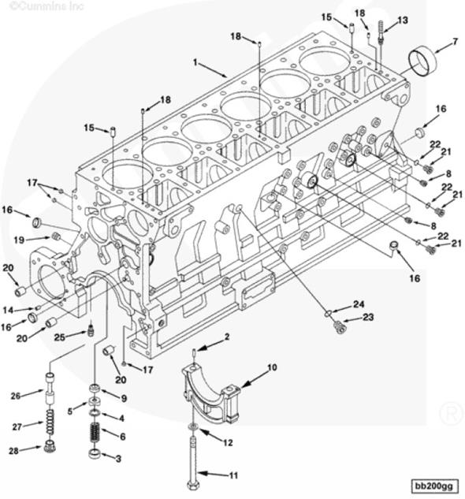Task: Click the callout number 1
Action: coord(195,62)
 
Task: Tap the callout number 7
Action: coord(455,41)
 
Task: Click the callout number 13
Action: coord(403,20)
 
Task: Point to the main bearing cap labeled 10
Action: coord(210,393)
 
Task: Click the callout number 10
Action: coord(272,367)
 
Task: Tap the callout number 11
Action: coord(233,475)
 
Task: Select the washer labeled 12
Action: coord(193,427)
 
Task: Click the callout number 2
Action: coord(227,337)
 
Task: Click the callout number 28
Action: coord(13,451)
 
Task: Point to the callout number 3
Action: coord(118,459)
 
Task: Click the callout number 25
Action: coord(60,337)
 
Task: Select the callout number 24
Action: coord(359,304)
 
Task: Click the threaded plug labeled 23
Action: coord(340,327)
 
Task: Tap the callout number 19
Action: coord(19,240)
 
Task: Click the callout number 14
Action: coord(8,310)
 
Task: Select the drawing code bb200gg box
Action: coord(435,486)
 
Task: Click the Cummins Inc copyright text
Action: coord(47,6)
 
